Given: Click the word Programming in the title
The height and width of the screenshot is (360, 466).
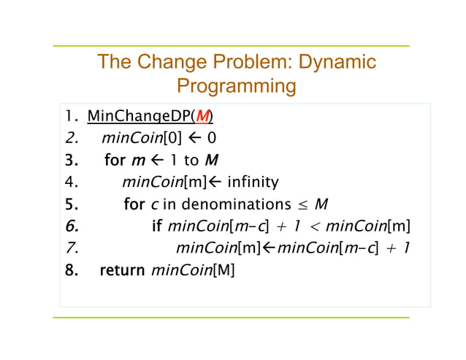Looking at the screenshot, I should click(x=237, y=87).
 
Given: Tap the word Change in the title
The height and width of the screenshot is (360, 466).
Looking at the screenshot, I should click(x=170, y=62).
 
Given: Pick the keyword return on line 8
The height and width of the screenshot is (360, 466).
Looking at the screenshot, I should click(x=122, y=271).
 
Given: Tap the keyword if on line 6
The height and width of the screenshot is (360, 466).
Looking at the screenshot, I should click(x=156, y=226).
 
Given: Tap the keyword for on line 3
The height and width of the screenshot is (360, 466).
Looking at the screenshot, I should click(x=115, y=160).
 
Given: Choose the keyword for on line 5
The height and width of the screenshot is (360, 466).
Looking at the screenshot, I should click(x=134, y=204).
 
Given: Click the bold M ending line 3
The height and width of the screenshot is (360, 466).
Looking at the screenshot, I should click(x=211, y=160).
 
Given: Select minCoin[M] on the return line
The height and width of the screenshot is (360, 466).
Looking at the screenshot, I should click(x=193, y=271).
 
